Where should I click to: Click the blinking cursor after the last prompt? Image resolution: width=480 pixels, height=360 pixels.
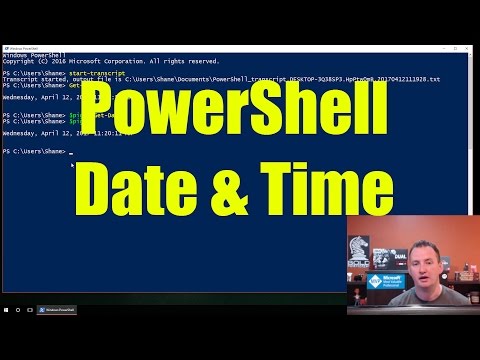pyautogui.click(x=71, y=152)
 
